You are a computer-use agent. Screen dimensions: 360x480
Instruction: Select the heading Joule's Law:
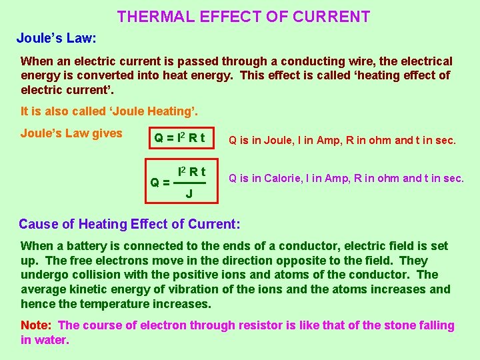coord(57,37)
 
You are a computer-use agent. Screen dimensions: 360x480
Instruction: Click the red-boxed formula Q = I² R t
coord(180,139)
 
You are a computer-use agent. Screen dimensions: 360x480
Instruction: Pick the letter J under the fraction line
coord(189,194)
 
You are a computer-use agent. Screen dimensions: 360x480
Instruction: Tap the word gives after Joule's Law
coord(107,133)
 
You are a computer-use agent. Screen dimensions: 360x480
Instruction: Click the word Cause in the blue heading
coord(38,224)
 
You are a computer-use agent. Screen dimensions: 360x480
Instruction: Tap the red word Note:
coord(37,325)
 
